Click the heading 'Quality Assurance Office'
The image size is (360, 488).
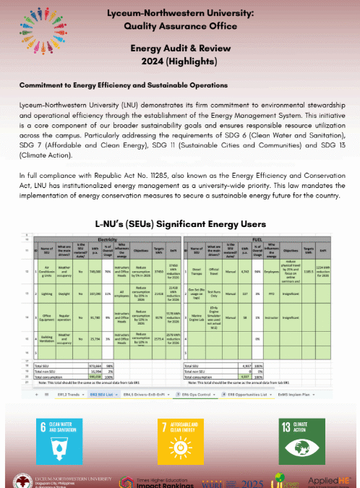pos(179,27)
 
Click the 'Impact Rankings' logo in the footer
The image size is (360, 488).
pos(154,479)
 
